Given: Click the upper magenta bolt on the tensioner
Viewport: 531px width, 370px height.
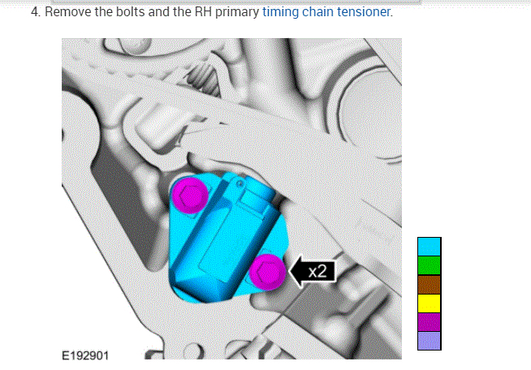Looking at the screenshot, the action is (x=190, y=195).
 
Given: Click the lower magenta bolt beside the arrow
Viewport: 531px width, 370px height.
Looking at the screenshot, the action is (x=268, y=272).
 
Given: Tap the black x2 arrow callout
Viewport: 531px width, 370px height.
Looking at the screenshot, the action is (x=313, y=272).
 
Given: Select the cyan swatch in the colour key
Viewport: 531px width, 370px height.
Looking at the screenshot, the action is (x=429, y=247).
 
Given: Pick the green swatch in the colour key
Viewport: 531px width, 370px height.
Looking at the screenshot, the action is (x=429, y=265).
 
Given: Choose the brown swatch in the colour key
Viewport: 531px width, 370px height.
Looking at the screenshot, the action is (x=429, y=284).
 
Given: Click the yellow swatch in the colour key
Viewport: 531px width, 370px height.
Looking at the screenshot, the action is (x=429, y=303).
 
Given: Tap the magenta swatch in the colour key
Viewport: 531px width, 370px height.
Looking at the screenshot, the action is (x=429, y=322).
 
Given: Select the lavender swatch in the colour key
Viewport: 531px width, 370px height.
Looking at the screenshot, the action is (x=429, y=341).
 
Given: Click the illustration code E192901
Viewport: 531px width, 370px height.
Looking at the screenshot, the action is (x=85, y=355).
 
